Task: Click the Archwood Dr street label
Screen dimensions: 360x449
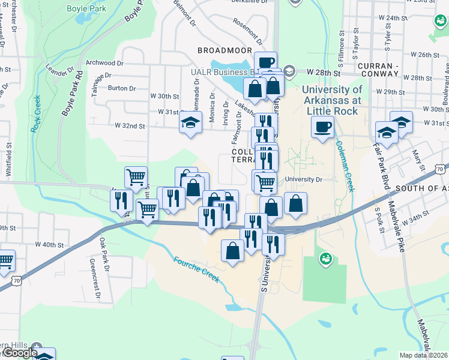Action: (x=104, y=62)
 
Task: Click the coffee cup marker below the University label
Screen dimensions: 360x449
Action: (x=322, y=127)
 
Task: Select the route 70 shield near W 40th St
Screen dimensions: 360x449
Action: (x=17, y=280)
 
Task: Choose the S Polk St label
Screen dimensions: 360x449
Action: (x=379, y=221)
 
